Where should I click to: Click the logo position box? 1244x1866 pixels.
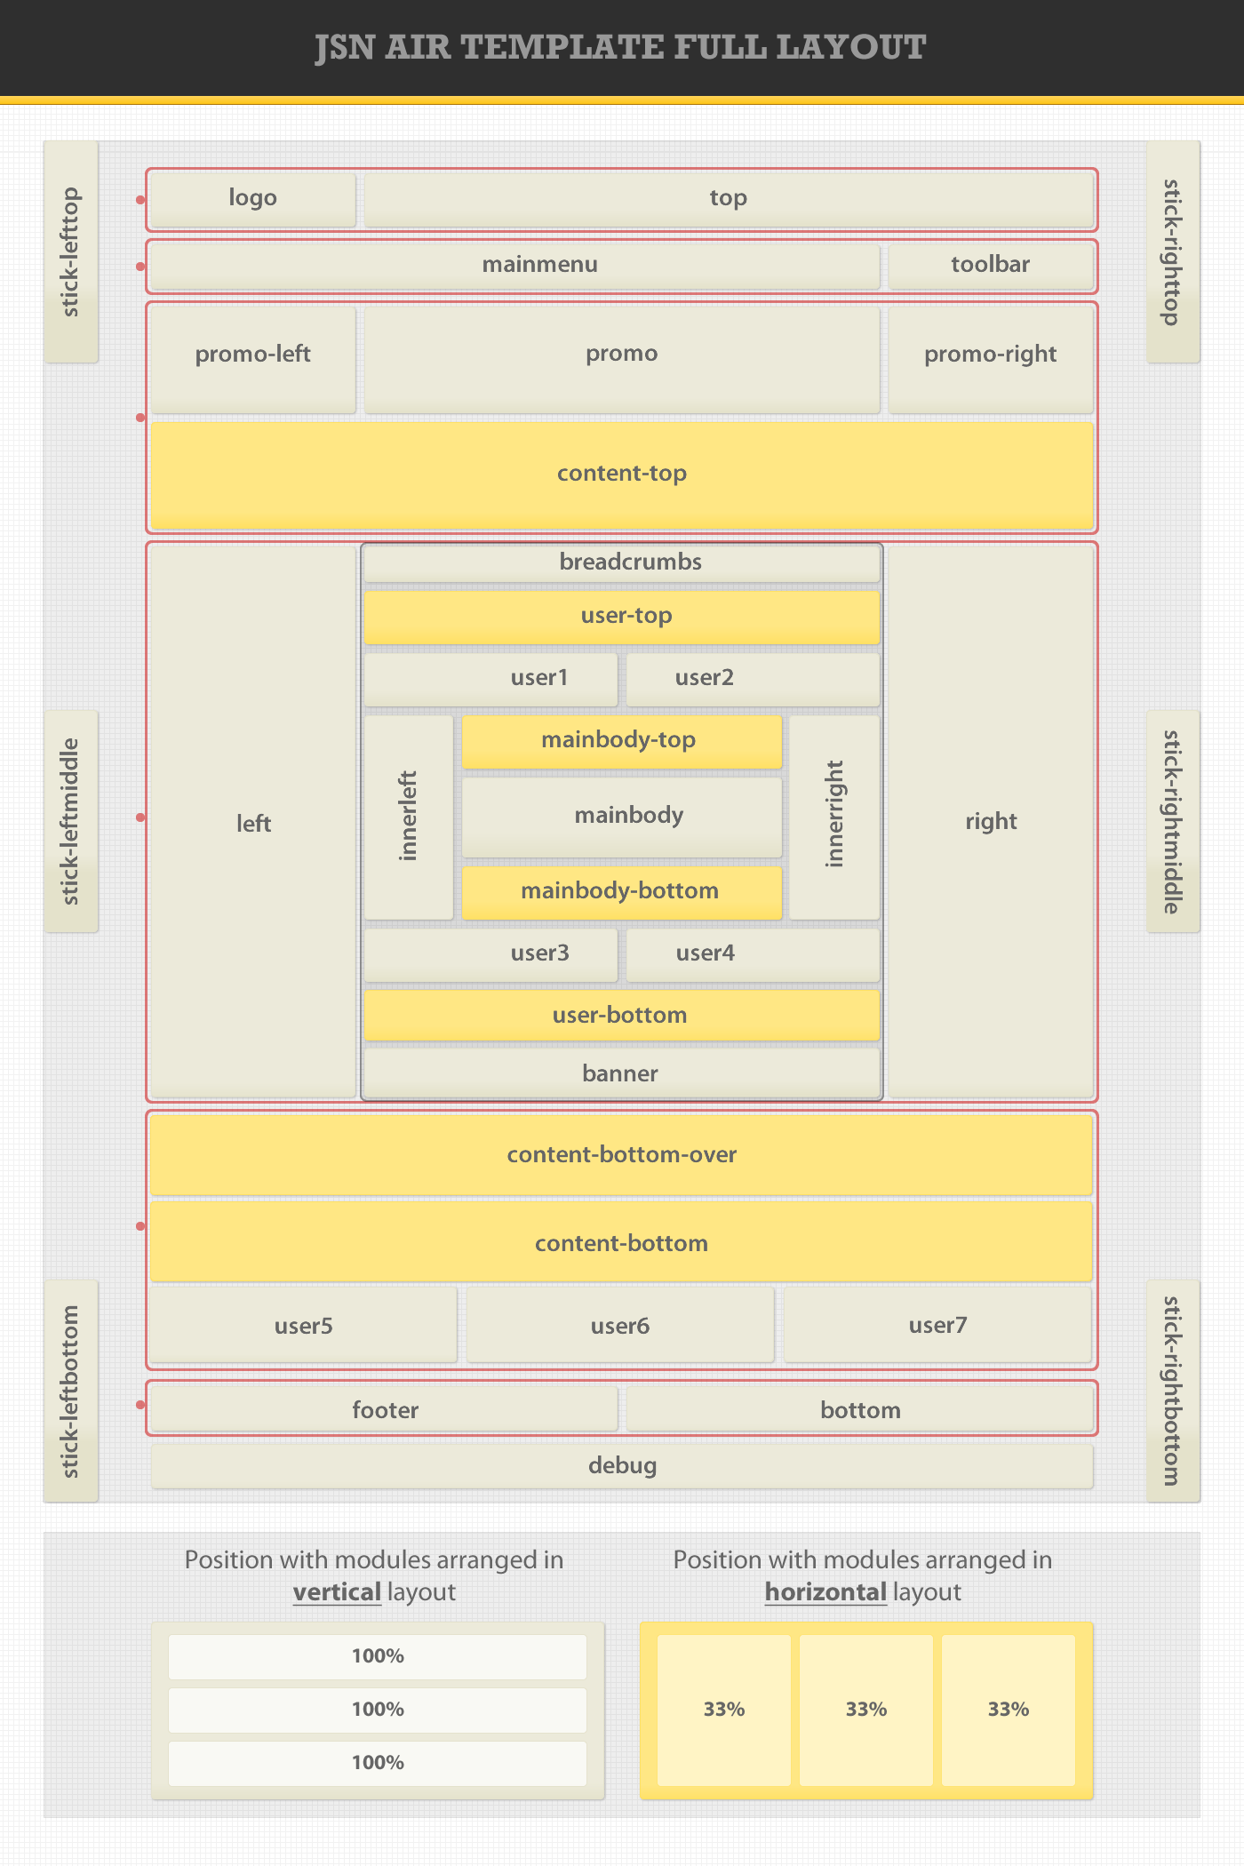(x=253, y=199)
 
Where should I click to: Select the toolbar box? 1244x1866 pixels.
(x=991, y=266)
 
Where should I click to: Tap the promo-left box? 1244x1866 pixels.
(x=253, y=359)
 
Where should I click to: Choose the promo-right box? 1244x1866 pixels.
(x=991, y=359)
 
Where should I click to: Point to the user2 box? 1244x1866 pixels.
(x=753, y=679)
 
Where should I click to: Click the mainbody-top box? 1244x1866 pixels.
(x=622, y=741)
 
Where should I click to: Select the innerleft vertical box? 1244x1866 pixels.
(x=409, y=817)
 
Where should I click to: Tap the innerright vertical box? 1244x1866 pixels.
(x=834, y=817)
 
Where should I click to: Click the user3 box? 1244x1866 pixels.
(x=490, y=954)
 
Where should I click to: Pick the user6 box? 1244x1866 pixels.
(x=620, y=1325)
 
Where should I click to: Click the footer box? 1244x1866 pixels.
(x=384, y=1409)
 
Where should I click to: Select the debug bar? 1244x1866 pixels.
(x=622, y=1465)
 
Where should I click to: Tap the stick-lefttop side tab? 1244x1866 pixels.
(x=71, y=251)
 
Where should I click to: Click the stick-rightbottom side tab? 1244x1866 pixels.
(x=1173, y=1391)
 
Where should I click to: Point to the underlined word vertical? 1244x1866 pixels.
(x=337, y=1592)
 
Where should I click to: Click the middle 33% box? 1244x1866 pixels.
(x=866, y=1710)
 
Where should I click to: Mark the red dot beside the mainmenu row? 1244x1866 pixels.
(x=140, y=266)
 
